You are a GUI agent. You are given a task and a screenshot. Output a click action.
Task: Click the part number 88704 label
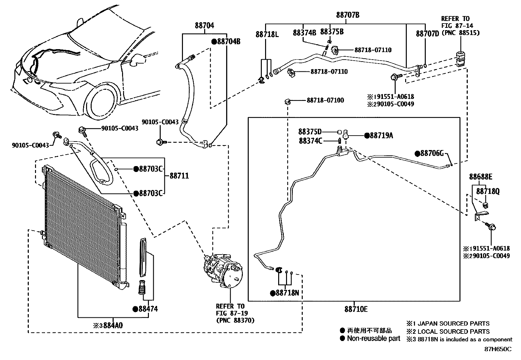click(205, 25)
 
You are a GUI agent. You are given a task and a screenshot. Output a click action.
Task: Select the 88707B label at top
click(348, 15)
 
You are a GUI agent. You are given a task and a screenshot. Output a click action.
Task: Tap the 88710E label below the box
click(356, 309)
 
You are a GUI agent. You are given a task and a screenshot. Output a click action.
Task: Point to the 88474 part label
click(147, 309)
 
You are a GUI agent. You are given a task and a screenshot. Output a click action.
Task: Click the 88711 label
click(179, 176)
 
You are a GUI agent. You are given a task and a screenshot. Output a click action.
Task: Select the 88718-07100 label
click(325, 100)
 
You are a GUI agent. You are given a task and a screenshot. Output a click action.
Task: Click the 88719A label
click(381, 135)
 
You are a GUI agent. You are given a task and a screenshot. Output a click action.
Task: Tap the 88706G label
click(431, 153)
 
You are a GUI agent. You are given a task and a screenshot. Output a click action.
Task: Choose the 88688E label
click(480, 177)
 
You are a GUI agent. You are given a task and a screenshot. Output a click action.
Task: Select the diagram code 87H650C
click(497, 349)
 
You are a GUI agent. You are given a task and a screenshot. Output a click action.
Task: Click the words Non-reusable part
click(373, 339)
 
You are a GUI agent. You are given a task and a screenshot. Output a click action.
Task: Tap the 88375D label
click(310, 132)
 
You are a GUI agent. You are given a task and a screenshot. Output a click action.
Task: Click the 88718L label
click(267, 34)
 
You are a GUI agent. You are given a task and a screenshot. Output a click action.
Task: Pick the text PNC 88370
click(235, 320)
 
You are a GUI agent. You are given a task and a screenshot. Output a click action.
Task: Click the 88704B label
click(228, 42)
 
